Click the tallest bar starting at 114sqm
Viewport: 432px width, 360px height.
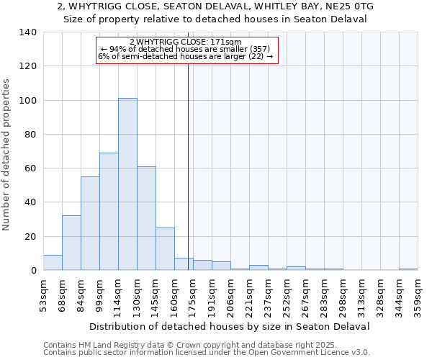(x=127, y=184)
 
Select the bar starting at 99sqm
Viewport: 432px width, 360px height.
(x=109, y=212)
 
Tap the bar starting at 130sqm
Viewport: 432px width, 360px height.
(x=146, y=218)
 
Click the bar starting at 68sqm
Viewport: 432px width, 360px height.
(x=71, y=243)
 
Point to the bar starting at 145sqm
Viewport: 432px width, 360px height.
(x=165, y=249)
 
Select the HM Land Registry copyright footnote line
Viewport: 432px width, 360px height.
(x=186, y=345)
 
